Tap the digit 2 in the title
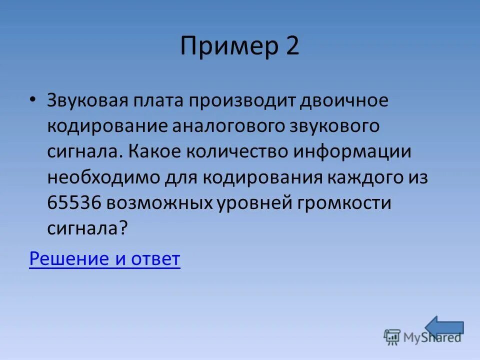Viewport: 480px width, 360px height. tap(292, 46)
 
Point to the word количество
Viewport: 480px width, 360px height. tap(236, 152)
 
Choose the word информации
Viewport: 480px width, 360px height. tap(352, 152)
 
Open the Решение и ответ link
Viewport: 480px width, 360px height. tap(104, 259)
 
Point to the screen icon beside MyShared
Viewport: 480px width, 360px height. tap(392, 337)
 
